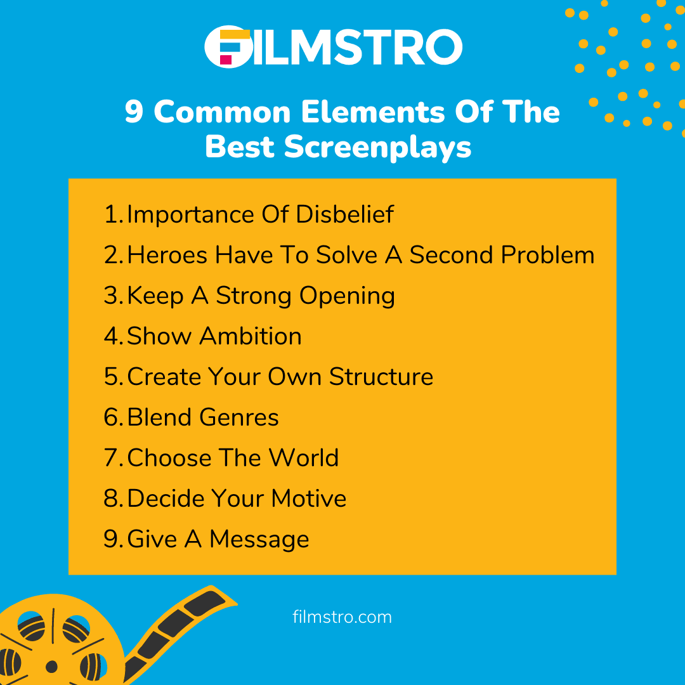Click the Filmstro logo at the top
coord(334,46)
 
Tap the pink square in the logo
coord(226,59)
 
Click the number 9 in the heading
coord(134,112)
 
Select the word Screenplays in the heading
coord(377,147)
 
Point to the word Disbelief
coord(345,214)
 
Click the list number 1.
coord(111,214)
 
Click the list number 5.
coord(112,377)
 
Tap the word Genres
coord(238,418)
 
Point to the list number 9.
coord(112,539)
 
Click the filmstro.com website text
coord(342,617)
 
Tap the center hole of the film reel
coord(52,666)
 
